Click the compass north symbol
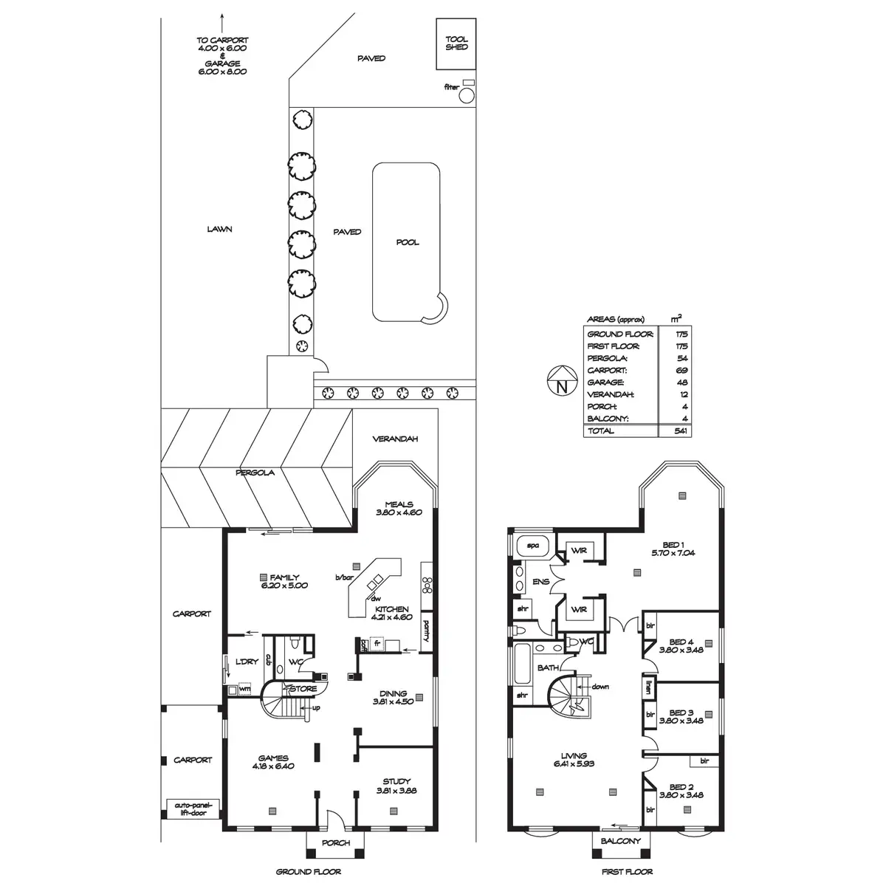tap(562, 380)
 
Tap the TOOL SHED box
tap(456, 44)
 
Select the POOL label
tap(408, 242)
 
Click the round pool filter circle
tap(467, 96)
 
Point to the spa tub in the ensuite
tap(532, 546)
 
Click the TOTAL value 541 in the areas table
tap(681, 430)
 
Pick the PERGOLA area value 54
tap(682, 358)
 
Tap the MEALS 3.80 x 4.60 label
tap(399, 508)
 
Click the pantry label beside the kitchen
tap(426, 631)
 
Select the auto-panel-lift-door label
tap(193, 822)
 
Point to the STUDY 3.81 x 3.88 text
tap(396, 786)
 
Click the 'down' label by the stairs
tap(600, 687)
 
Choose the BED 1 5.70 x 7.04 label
tap(673, 549)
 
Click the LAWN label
tap(219, 229)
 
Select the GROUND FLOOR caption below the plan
tap(309, 872)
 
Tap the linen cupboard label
tap(649, 687)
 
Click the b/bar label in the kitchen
tap(344, 577)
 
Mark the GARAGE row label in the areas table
tap(605, 382)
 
